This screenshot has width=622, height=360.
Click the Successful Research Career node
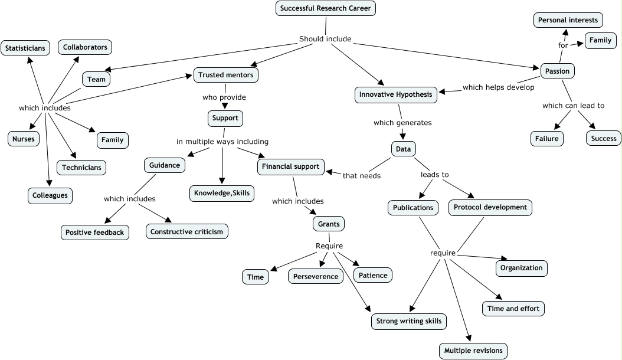tap(325, 8)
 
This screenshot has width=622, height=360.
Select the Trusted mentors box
tap(225, 75)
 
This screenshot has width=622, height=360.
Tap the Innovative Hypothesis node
tap(396, 94)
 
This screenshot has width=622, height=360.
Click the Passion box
tap(557, 71)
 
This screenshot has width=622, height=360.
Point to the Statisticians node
tap(26, 48)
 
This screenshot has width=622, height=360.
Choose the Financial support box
tap(292, 167)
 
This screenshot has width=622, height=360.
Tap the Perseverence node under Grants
tap(316, 276)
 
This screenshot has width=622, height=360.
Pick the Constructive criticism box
tap(187, 232)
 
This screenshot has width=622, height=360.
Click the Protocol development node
tap(490, 208)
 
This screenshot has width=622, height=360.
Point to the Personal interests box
tap(568, 20)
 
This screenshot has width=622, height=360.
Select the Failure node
tap(546, 139)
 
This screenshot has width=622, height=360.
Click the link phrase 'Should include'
tap(325, 39)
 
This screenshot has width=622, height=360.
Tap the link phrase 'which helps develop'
tap(498, 87)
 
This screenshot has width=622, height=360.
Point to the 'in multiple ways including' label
tap(222, 142)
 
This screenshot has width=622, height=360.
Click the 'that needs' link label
tap(362, 175)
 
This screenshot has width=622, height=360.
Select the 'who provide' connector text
tap(224, 97)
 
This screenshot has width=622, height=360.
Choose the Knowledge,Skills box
tap(222, 194)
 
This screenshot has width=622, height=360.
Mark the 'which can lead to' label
tap(573, 106)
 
